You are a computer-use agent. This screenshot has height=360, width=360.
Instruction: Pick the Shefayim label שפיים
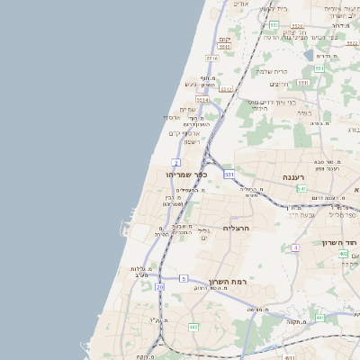(x=188, y=110)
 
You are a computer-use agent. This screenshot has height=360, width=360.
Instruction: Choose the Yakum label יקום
(x=225, y=40)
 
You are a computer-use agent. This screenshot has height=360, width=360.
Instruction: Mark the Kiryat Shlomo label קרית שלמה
(x=271, y=71)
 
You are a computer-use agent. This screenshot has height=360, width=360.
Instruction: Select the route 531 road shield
(x=229, y=174)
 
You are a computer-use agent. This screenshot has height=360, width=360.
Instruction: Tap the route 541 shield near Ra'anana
(x=301, y=189)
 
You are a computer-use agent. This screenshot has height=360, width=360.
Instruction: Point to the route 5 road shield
(x=183, y=279)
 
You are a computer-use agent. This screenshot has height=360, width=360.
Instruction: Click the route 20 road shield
(x=159, y=287)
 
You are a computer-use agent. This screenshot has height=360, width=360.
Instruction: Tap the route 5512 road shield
(x=225, y=90)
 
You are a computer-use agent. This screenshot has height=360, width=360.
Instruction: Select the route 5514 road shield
(x=202, y=100)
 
